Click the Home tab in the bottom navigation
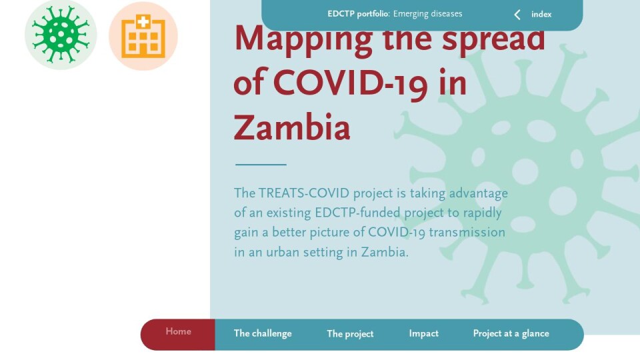178,334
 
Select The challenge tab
263,333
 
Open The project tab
350,334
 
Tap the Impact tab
424,333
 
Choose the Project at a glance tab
511,333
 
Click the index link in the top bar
541,14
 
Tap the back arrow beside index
517,15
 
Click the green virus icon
61,35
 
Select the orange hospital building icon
143,36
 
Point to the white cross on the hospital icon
143,21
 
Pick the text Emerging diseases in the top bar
428,14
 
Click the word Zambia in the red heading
292,127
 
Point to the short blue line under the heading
261,165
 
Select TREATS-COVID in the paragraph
304,193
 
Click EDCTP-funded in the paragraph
357,213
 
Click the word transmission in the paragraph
467,232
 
